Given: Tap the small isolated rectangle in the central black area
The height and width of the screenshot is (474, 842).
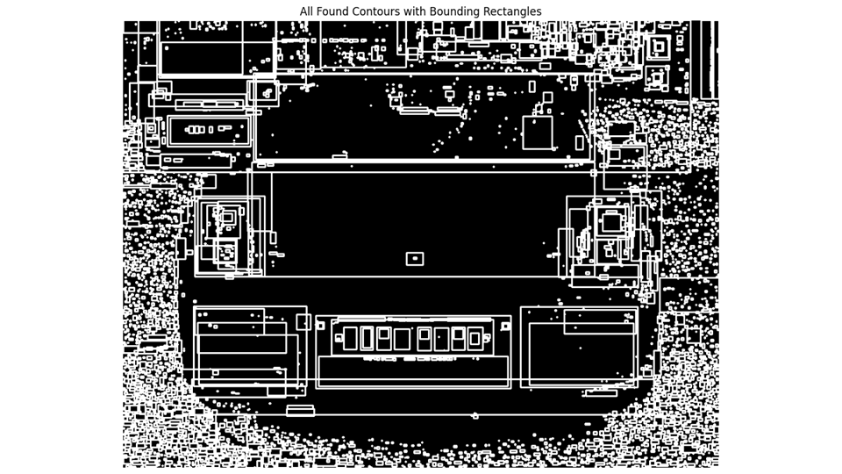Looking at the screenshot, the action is (415, 259).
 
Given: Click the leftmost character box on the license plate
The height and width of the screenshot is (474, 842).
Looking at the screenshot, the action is (350, 339).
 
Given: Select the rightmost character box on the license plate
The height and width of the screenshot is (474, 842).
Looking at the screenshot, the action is (475, 339).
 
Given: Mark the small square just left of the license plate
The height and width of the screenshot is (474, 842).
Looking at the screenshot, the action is (320, 326).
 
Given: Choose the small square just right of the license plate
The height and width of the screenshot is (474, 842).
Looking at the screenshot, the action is (505, 326).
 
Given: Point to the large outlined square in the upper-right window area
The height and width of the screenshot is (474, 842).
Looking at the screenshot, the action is (537, 133).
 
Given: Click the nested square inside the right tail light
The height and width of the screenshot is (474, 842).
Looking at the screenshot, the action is (611, 221).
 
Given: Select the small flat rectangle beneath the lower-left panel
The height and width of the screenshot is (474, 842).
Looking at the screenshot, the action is (300, 410).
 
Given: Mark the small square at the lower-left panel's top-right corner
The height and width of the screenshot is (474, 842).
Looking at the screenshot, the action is (303, 322).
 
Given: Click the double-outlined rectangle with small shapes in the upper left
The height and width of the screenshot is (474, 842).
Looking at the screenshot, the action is (209, 131).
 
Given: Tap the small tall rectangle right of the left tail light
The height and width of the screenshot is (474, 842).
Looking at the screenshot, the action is (273, 238).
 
